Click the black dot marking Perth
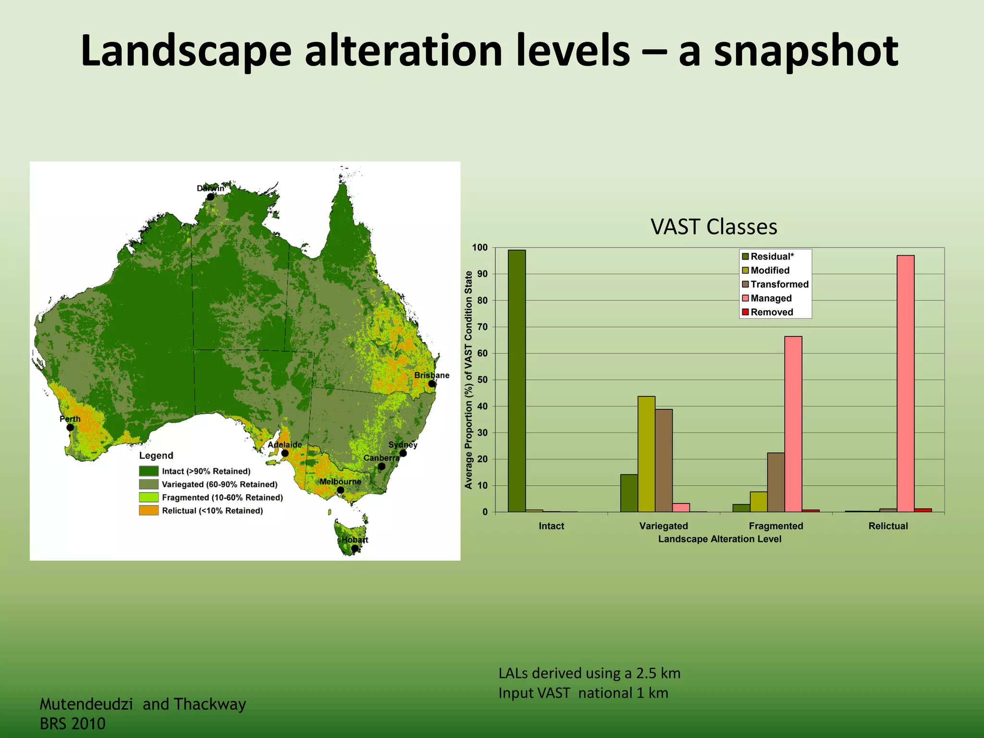[x=70, y=428]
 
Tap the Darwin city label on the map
[x=210, y=188]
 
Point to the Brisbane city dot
[x=432, y=384]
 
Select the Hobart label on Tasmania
[x=355, y=540]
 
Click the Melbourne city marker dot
[x=340, y=490]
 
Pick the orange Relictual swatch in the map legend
[x=148, y=510]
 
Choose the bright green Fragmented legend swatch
[x=148, y=497]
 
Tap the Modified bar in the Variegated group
[x=646, y=454]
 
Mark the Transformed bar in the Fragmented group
[x=775, y=482]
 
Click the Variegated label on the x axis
[x=664, y=526]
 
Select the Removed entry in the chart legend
[x=772, y=312]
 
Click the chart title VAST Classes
[x=713, y=227]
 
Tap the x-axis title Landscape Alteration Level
[x=719, y=539]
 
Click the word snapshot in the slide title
[x=806, y=52]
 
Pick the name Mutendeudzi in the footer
[x=86, y=704]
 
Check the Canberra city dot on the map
[x=381, y=467]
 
